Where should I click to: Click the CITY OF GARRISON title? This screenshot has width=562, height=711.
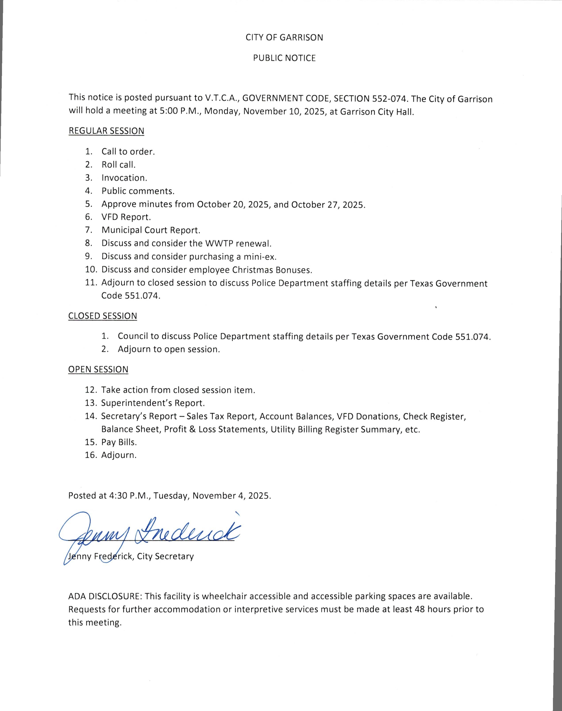284,38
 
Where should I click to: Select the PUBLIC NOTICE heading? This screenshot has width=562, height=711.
284,58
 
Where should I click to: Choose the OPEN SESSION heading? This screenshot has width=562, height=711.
98,369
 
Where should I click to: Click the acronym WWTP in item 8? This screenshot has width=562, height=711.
218,244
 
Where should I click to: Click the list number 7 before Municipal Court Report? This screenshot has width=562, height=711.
88,230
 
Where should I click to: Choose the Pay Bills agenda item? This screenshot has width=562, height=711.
119,442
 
